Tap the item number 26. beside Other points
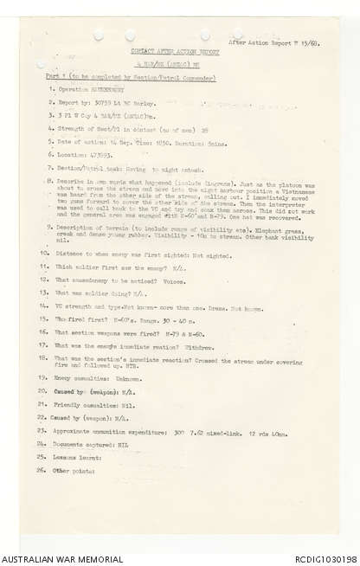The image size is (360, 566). pos(42,471)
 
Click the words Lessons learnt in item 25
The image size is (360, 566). pos(76,457)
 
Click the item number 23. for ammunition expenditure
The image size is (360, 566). pos(42,430)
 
